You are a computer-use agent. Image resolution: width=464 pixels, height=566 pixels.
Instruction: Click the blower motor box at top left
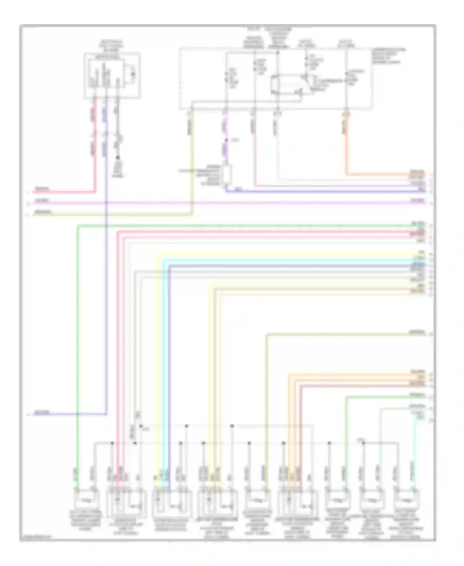[112, 76]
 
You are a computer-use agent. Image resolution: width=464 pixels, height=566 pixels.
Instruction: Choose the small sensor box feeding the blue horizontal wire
[227, 175]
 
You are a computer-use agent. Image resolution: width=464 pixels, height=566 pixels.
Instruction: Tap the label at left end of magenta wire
[41, 201]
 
